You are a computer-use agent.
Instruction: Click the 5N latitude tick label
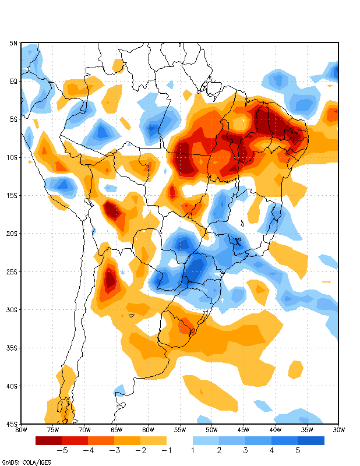click(x=13, y=43)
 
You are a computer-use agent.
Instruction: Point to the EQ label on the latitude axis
click(x=13, y=82)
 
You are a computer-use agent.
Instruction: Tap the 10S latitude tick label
click(x=12, y=157)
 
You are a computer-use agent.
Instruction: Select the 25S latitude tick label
click(x=12, y=271)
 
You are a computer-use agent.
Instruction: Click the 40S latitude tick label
click(x=12, y=386)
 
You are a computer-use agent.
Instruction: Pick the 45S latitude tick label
click(x=12, y=423)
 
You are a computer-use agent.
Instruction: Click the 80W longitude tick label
click(x=22, y=430)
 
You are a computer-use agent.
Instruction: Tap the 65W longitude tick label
click(x=117, y=430)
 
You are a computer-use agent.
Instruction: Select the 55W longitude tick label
click(x=180, y=430)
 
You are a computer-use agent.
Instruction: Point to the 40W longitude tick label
click(x=275, y=430)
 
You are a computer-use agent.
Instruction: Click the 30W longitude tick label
click(x=338, y=430)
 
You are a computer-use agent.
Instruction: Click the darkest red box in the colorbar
click(x=48, y=441)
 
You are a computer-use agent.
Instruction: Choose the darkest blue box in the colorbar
click(x=311, y=441)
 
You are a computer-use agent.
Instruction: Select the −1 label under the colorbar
click(x=166, y=450)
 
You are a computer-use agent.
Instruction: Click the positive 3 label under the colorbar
click(x=245, y=450)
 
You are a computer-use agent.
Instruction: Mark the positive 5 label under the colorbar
click(x=298, y=450)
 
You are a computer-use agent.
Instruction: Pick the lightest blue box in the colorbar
click(x=206, y=441)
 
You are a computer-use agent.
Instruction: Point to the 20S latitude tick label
click(x=12, y=234)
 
